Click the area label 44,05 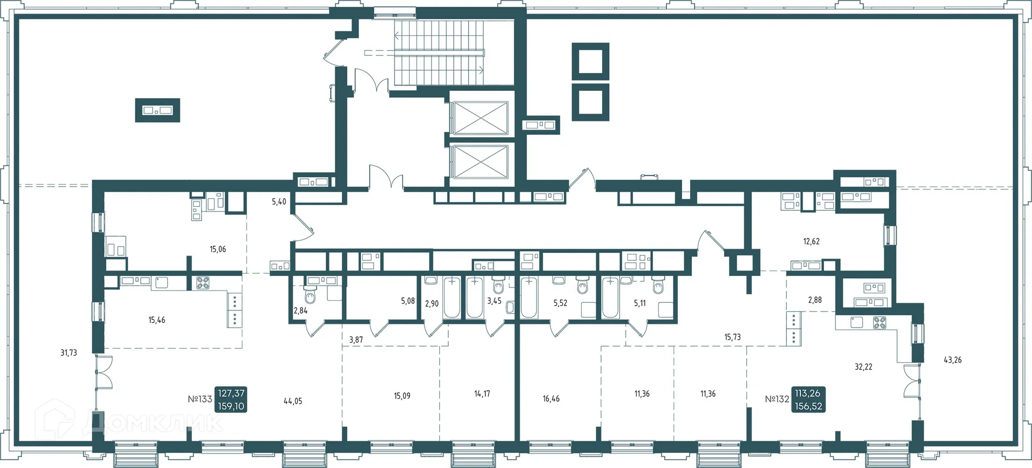(293, 401)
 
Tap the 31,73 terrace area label (69, 353)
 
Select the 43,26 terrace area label (952, 360)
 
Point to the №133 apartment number (200, 399)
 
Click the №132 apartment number (777, 399)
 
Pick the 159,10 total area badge (231, 406)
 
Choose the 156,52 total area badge (808, 406)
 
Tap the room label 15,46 (157, 320)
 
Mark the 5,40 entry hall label (279, 202)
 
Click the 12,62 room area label (811, 242)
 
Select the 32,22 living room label (863, 367)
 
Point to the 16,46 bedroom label (551, 399)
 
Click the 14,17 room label (482, 394)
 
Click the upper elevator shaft (479, 118)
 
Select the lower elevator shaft (479, 161)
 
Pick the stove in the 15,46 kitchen (203, 283)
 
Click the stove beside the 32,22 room (879, 323)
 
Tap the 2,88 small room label (815, 300)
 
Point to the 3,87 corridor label (356, 340)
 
